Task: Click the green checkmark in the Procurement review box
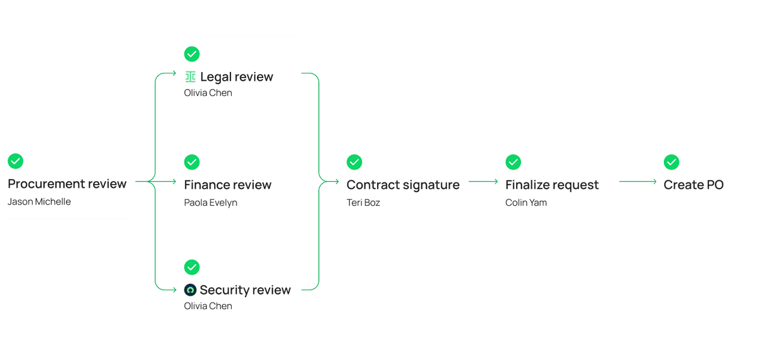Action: click(15, 161)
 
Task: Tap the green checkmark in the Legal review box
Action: click(191, 54)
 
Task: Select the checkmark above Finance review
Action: click(191, 162)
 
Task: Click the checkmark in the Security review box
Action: click(191, 267)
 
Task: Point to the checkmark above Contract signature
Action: click(354, 162)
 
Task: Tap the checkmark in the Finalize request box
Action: click(513, 162)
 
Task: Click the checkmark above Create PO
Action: click(671, 162)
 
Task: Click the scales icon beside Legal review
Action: click(190, 77)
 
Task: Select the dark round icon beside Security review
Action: click(190, 290)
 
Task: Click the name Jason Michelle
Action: click(39, 202)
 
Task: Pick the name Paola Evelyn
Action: click(211, 202)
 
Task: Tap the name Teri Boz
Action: click(363, 202)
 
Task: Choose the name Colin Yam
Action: click(526, 202)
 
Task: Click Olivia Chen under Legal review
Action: click(208, 93)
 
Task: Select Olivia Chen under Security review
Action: click(208, 306)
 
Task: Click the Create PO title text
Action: click(693, 185)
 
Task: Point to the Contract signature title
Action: click(403, 185)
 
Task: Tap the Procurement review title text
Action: click(67, 184)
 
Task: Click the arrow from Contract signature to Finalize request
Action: click(483, 181)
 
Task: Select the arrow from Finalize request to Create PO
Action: click(638, 181)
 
